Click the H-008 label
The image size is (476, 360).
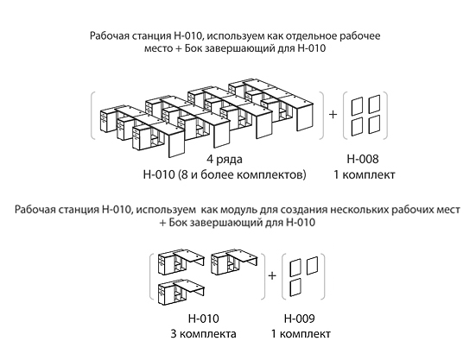[x=363, y=159]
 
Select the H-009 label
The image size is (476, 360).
[x=299, y=319]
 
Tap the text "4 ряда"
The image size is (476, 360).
[x=225, y=159]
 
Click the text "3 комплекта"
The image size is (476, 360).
[x=203, y=334]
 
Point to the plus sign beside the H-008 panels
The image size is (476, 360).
[x=333, y=114]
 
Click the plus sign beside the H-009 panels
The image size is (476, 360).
[x=272, y=275]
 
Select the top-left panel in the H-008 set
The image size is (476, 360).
[x=357, y=106]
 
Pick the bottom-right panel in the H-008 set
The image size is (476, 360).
[x=374, y=124]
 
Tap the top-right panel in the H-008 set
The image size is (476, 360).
[x=374, y=104]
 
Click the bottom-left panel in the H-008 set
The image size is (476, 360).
[x=357, y=126]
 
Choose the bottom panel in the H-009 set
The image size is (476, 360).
[x=295, y=287]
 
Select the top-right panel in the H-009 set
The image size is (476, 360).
[x=313, y=266]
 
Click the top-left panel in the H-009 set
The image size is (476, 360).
[x=295, y=268]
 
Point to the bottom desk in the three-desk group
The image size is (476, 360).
[x=181, y=293]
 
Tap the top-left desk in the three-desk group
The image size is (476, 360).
[x=181, y=263]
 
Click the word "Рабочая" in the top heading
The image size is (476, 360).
[x=110, y=35]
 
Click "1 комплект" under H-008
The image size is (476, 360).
[x=365, y=174]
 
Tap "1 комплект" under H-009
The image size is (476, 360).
[x=301, y=334]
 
